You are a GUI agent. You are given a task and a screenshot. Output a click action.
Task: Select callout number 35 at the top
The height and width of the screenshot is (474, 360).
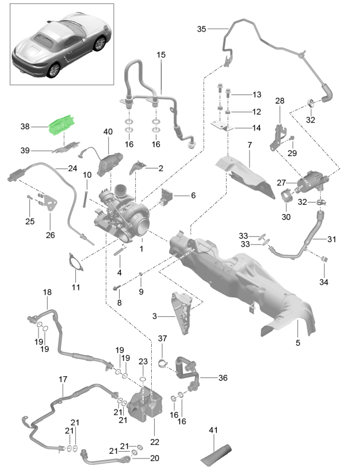[201, 29]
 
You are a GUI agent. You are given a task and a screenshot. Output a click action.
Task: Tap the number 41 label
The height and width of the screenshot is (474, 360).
[213, 430]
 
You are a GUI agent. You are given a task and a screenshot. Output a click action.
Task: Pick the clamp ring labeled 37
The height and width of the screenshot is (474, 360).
[162, 363]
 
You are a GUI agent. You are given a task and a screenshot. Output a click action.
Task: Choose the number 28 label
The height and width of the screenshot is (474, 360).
[280, 101]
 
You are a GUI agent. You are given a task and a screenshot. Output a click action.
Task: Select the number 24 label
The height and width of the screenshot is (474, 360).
[72, 169]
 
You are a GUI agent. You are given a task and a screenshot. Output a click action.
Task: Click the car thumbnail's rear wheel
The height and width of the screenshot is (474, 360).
[53, 70]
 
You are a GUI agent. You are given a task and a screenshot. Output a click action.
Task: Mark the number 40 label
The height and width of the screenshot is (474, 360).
[108, 131]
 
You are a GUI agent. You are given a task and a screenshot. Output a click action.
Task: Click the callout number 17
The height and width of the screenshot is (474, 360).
[63, 380]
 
